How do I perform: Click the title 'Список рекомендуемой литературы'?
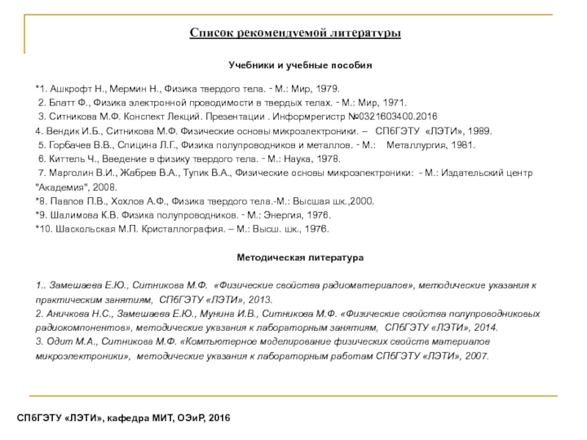(295, 34)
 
